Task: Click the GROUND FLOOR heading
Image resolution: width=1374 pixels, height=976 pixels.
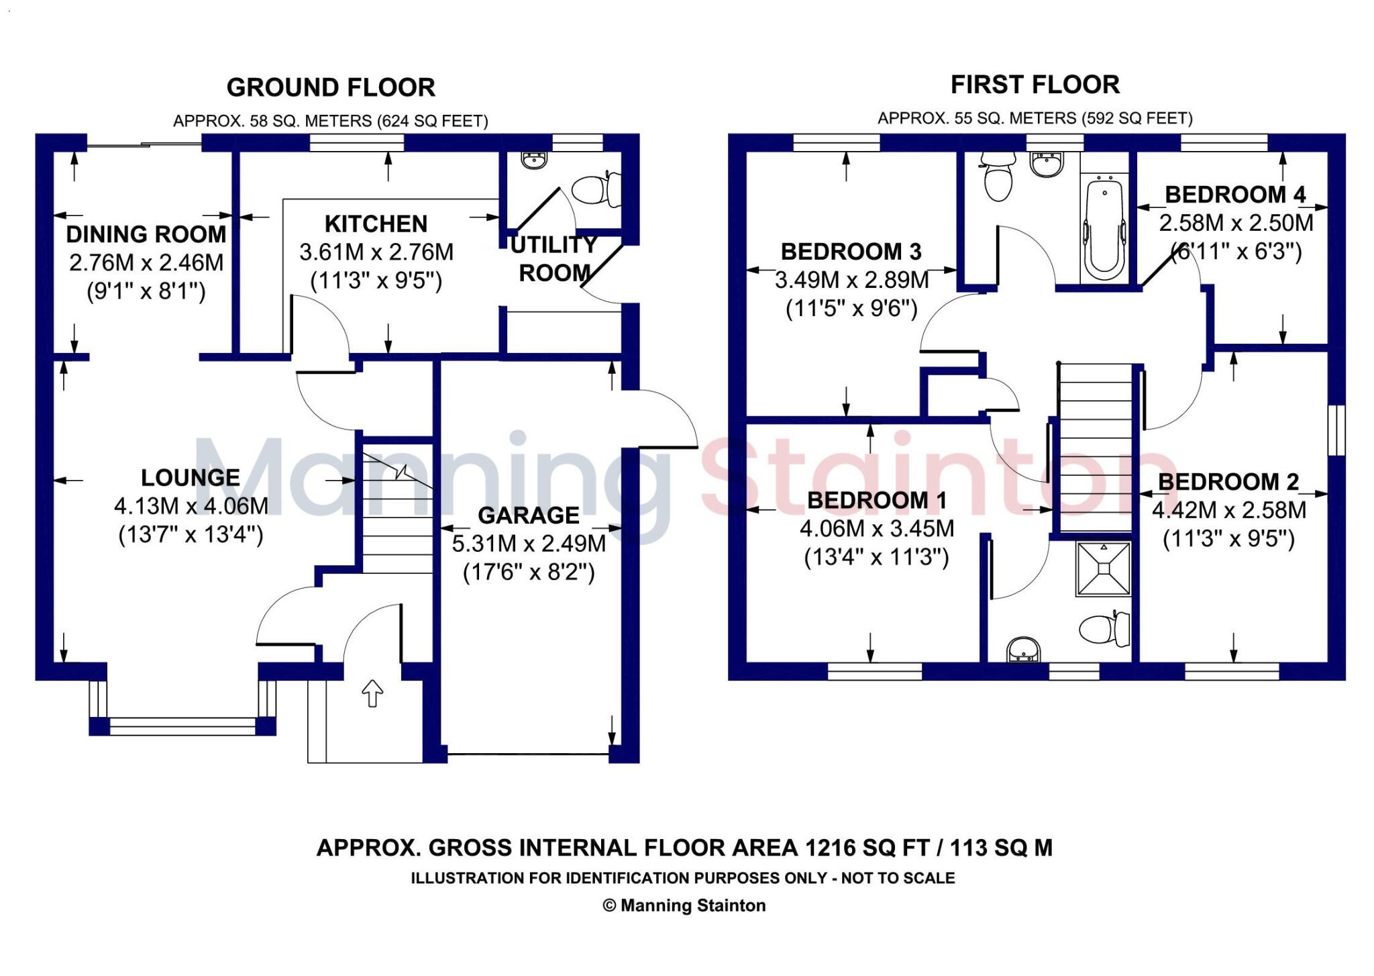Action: pos(331,88)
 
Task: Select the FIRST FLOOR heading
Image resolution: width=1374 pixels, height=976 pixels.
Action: pos(1035,85)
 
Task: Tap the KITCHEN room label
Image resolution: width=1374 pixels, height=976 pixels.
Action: pos(376,224)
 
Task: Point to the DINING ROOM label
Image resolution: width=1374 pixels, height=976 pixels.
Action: pos(146,234)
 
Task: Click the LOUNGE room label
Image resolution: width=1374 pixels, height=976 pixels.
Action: pos(191,478)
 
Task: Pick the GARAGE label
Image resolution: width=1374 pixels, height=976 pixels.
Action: pos(529,516)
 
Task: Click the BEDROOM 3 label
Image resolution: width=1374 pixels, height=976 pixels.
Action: pos(851,252)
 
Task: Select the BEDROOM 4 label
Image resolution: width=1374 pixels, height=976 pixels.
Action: pos(1235,195)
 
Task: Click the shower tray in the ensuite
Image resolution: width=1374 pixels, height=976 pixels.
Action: pos(1104,569)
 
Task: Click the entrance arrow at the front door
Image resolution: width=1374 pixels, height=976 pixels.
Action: pos(372,693)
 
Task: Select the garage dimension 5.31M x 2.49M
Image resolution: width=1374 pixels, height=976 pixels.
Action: pos(529,544)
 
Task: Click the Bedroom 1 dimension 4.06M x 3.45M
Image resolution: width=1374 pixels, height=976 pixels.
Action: pos(877,529)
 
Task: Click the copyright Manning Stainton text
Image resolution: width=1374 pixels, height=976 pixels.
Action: pos(684,906)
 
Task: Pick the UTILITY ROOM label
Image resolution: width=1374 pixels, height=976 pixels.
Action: pos(554,259)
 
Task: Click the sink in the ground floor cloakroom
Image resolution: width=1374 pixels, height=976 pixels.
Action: pos(534,160)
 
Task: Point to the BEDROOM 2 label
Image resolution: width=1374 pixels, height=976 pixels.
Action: pos(1228,482)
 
